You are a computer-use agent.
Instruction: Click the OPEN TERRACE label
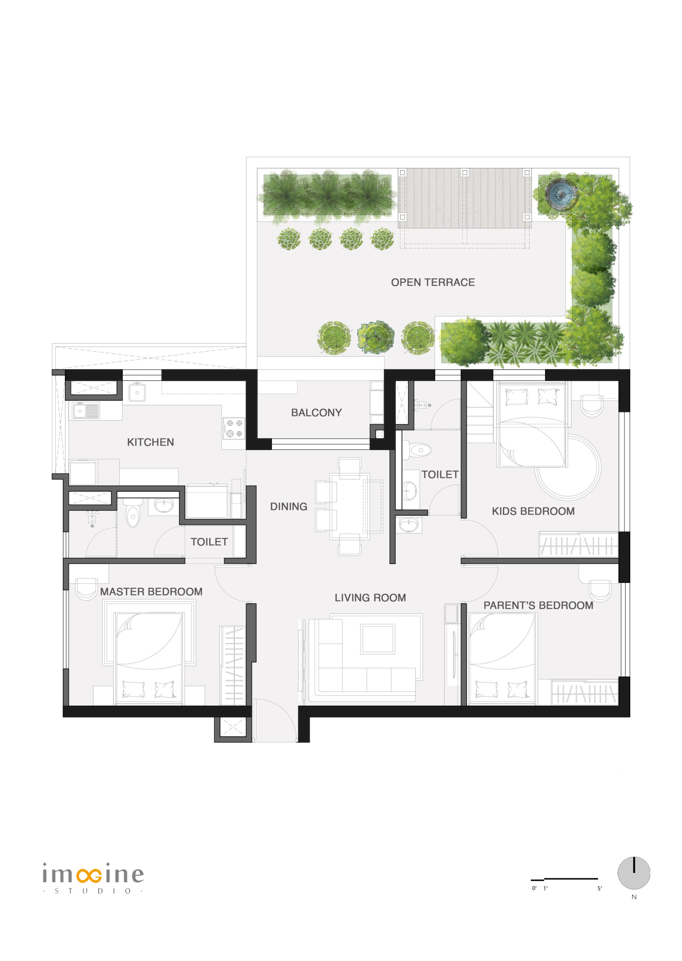[433, 282]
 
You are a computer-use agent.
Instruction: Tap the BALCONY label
[316, 413]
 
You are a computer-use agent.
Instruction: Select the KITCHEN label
[150, 442]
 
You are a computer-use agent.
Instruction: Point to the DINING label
[288, 506]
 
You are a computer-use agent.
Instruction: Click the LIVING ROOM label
[370, 598]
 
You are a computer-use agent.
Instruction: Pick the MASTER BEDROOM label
[151, 592]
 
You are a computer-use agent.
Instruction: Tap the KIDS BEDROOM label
[533, 511]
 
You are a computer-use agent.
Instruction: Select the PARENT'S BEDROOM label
[539, 605]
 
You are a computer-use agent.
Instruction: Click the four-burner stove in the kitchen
[234, 428]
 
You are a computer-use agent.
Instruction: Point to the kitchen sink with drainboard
[86, 411]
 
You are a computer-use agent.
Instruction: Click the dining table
[350, 506]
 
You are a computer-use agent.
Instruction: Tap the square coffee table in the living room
[377, 639]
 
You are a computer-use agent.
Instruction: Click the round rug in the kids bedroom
[568, 467]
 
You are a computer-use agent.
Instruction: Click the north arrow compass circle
[634, 873]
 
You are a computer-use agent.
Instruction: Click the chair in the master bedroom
[86, 589]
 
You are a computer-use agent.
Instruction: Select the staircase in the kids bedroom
[480, 412]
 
